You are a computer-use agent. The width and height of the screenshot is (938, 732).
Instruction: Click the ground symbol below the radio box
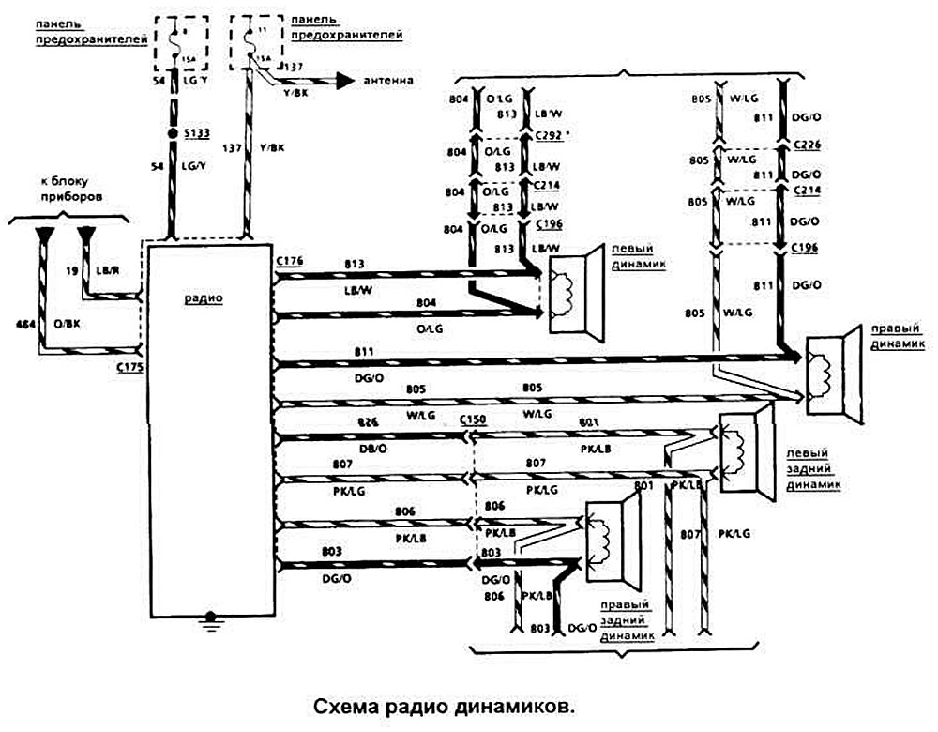click(211, 620)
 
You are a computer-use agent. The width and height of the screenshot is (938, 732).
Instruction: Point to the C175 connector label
click(129, 367)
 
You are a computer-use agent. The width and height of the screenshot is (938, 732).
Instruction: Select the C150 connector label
click(472, 421)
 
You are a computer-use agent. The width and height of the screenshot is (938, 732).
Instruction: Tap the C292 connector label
click(550, 135)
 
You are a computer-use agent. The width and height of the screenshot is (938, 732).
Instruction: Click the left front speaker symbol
click(574, 291)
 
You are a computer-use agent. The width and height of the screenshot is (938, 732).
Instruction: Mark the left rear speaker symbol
click(745, 446)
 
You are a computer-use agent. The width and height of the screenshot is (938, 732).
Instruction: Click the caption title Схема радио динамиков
click(441, 706)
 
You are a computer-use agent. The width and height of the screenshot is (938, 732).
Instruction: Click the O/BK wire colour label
click(68, 324)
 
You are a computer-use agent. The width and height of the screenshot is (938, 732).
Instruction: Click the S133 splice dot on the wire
click(173, 136)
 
